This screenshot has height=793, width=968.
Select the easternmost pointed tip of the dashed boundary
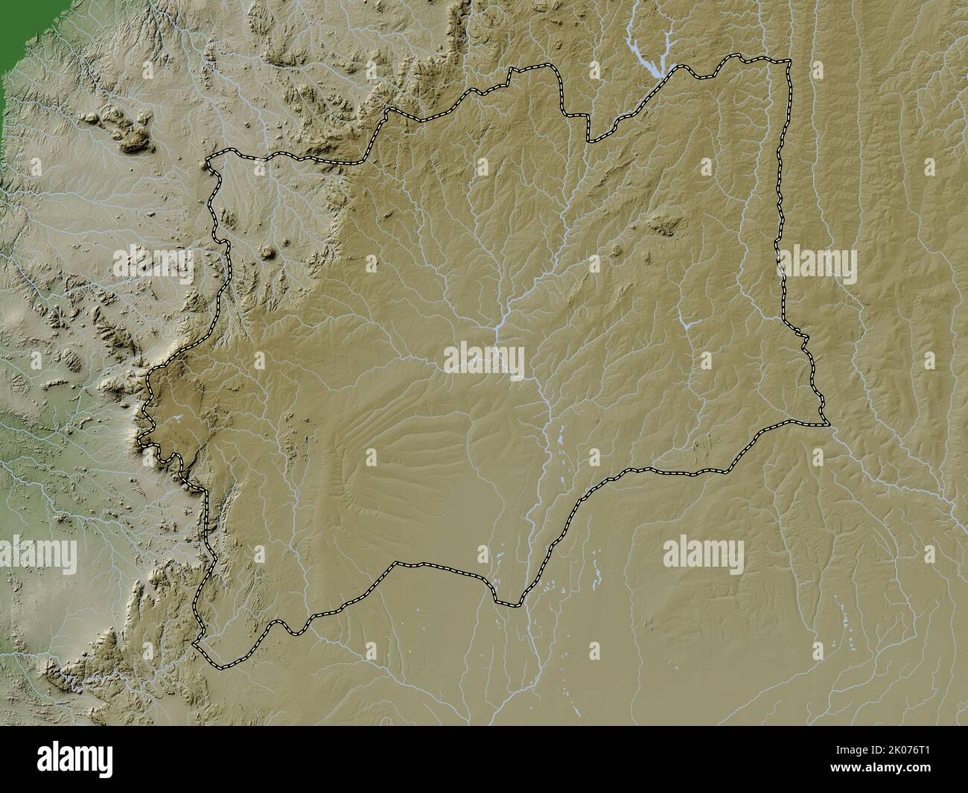pyautogui.click(x=827, y=425)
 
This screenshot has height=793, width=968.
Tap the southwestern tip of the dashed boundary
pyautogui.click(x=195, y=645)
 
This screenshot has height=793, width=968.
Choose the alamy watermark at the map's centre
pyautogui.click(x=485, y=360)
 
